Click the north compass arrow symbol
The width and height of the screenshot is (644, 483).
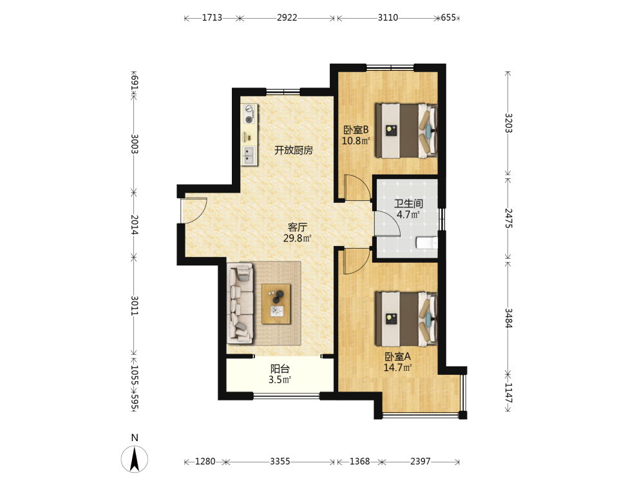click(x=135, y=459)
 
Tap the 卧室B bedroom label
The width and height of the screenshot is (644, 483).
click(x=356, y=130)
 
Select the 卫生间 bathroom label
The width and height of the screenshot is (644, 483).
click(x=408, y=204)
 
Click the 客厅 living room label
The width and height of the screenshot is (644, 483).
click(x=298, y=227)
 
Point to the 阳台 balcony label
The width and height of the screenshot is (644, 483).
click(x=280, y=369)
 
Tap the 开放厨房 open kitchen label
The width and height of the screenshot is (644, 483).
click(x=294, y=150)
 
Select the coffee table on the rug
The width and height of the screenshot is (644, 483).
click(x=276, y=304)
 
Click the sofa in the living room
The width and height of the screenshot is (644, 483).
click(x=241, y=303)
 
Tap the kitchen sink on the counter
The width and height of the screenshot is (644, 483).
click(x=249, y=155)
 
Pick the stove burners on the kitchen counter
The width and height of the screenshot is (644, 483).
click(x=249, y=114)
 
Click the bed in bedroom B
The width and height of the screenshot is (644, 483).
click(x=406, y=130)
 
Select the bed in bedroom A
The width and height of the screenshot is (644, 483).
click(x=406, y=319)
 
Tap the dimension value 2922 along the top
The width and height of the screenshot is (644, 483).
click(x=287, y=17)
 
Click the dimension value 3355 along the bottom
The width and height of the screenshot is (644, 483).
click(x=280, y=461)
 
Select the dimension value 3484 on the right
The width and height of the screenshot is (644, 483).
click(x=508, y=318)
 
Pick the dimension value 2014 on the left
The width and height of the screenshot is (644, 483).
click(x=135, y=225)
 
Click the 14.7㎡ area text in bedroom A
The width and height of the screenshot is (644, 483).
click(x=397, y=368)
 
